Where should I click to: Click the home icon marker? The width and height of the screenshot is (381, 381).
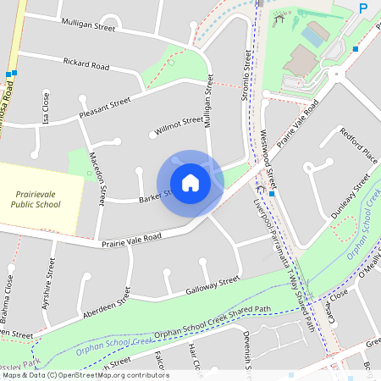190,182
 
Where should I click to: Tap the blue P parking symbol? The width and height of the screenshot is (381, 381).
362,8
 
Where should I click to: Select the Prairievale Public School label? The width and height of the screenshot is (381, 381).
36,198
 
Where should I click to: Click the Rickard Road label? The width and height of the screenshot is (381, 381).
86,63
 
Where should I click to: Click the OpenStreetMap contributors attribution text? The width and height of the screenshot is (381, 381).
85,375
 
